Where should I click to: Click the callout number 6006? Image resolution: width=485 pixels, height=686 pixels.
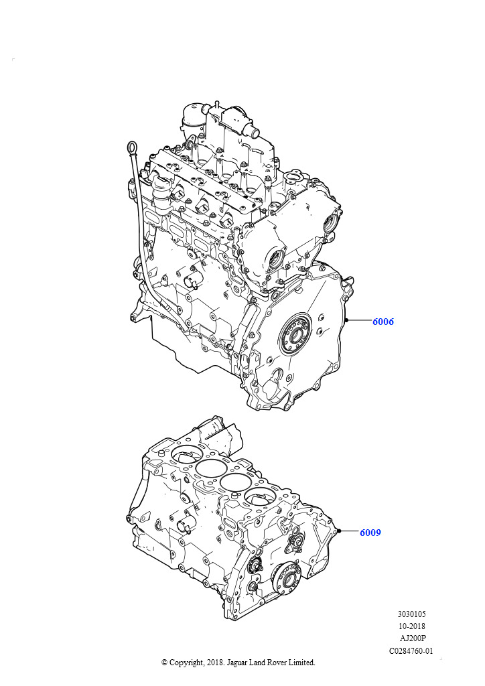[383, 322]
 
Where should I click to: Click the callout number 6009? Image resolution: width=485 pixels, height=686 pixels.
[370, 533]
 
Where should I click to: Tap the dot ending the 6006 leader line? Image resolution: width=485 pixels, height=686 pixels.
[346, 321]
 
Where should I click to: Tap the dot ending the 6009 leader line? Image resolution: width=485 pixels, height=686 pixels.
[340, 531]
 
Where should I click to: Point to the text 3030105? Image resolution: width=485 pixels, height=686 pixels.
[411, 614]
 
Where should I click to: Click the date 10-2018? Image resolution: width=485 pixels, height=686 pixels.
[411, 626]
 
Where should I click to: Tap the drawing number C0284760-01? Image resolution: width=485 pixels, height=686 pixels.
[411, 650]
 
